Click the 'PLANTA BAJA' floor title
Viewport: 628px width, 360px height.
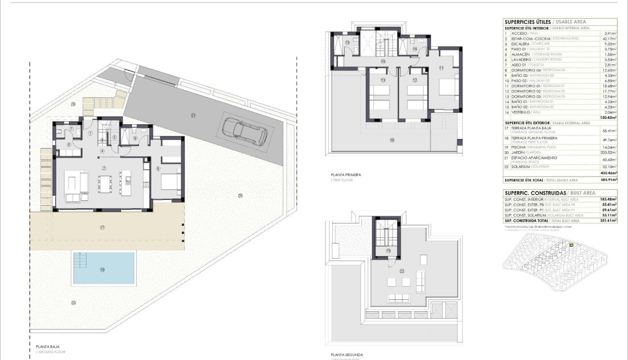pyautogui.click(x=48, y=347)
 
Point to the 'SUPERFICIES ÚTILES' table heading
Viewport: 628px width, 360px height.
pyautogui.click(x=527, y=22)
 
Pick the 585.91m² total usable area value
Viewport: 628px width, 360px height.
pyautogui.click(x=608, y=180)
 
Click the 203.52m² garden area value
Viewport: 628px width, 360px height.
pyautogui.click(x=608, y=152)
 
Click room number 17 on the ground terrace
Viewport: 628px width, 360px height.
pyautogui.click(x=102, y=228)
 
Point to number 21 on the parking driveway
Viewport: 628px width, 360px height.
pyautogui.click(x=193, y=115)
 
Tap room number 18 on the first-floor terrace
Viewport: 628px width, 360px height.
pyautogui.click(x=392, y=140)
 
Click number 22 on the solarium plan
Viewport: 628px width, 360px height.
pyautogui.click(x=402, y=271)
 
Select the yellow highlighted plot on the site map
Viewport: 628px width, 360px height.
pyautogui.click(x=571, y=246)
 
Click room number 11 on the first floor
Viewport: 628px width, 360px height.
pyautogui.click(x=441, y=68)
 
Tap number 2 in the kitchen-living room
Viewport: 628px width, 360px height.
pyautogui.click(x=104, y=169)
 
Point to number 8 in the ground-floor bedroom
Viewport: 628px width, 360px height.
pyautogui.click(x=159, y=168)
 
